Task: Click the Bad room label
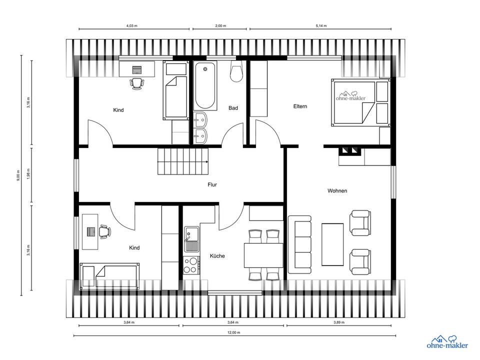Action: tap(233, 108)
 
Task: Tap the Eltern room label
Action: tap(300, 106)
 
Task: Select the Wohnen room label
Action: tap(337, 190)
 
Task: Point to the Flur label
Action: tap(212, 184)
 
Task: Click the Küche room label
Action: tap(217, 256)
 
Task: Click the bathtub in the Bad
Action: tap(205, 85)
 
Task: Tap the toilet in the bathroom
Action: tap(236, 71)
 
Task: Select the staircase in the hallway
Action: tap(183, 161)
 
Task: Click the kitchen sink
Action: tap(191, 239)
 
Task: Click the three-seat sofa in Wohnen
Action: tap(299, 244)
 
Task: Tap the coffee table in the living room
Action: tap(332, 244)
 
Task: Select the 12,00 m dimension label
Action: tap(234, 332)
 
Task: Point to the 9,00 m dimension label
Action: tap(18, 175)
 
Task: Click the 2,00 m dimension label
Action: tap(220, 25)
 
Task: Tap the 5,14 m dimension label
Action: tap(321, 25)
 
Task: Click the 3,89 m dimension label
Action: tap(339, 322)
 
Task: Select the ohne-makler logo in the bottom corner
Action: tap(447, 342)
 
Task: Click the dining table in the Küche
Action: tap(263, 255)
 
